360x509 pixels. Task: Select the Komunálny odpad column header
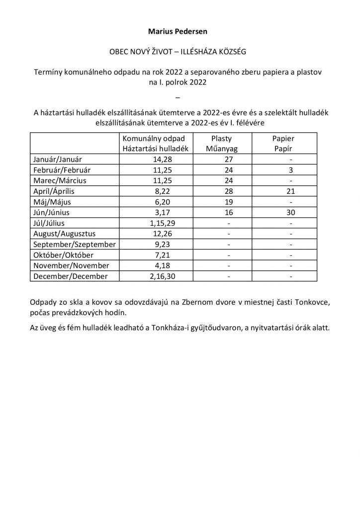pos(154,144)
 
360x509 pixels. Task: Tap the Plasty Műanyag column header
pos(222,144)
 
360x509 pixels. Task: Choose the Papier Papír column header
pos(283,144)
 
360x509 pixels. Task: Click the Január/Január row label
pos(58,160)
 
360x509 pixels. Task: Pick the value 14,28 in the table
pos(154,160)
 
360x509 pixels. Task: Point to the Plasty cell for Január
pos(229,160)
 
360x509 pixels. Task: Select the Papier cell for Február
pos(290,170)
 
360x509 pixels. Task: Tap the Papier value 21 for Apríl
pos(290,191)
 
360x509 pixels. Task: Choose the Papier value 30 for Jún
pos(290,213)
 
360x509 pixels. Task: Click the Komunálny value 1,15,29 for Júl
pos(154,223)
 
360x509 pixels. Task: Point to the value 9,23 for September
pos(154,245)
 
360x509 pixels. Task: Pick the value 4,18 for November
pos(154,266)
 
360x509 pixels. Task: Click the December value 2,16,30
pos(154,276)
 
